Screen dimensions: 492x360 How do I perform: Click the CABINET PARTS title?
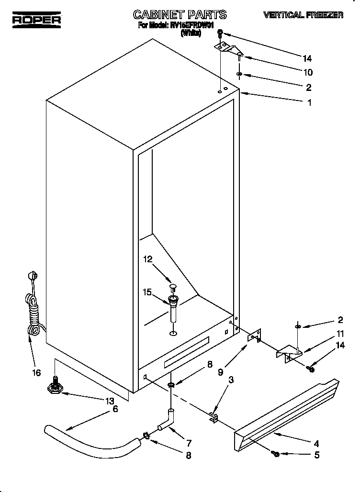[x=173, y=15]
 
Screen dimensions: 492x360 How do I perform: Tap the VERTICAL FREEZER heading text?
[x=303, y=15]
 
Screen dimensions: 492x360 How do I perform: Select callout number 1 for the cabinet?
[x=309, y=102]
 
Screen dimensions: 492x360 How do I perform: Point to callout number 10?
[x=308, y=73]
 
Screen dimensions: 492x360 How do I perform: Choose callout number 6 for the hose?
[x=115, y=409]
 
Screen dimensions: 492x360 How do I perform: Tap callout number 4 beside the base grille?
[x=316, y=443]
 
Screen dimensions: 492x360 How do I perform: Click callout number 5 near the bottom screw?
[x=316, y=456]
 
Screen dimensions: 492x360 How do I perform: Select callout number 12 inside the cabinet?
[x=148, y=259]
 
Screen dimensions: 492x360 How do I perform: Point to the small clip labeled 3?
[x=213, y=418]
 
